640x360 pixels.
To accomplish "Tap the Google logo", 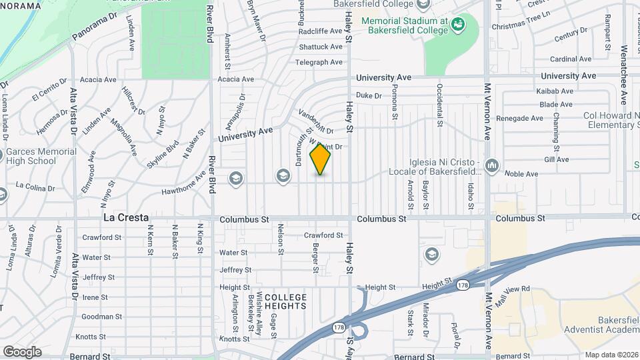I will pos(22,351).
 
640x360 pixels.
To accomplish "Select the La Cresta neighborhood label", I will pos(125,218).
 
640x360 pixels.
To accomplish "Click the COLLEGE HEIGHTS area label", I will pos(285,301).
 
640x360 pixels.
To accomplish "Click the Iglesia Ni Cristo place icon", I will pos(492,164).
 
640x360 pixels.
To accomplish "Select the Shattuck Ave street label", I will pos(321,47).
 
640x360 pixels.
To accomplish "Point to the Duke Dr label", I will pos(369,96).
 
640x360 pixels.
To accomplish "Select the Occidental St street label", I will pos(440,105).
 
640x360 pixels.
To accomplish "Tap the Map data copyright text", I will pos(611,354).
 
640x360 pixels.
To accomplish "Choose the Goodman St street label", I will pos(102,317).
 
